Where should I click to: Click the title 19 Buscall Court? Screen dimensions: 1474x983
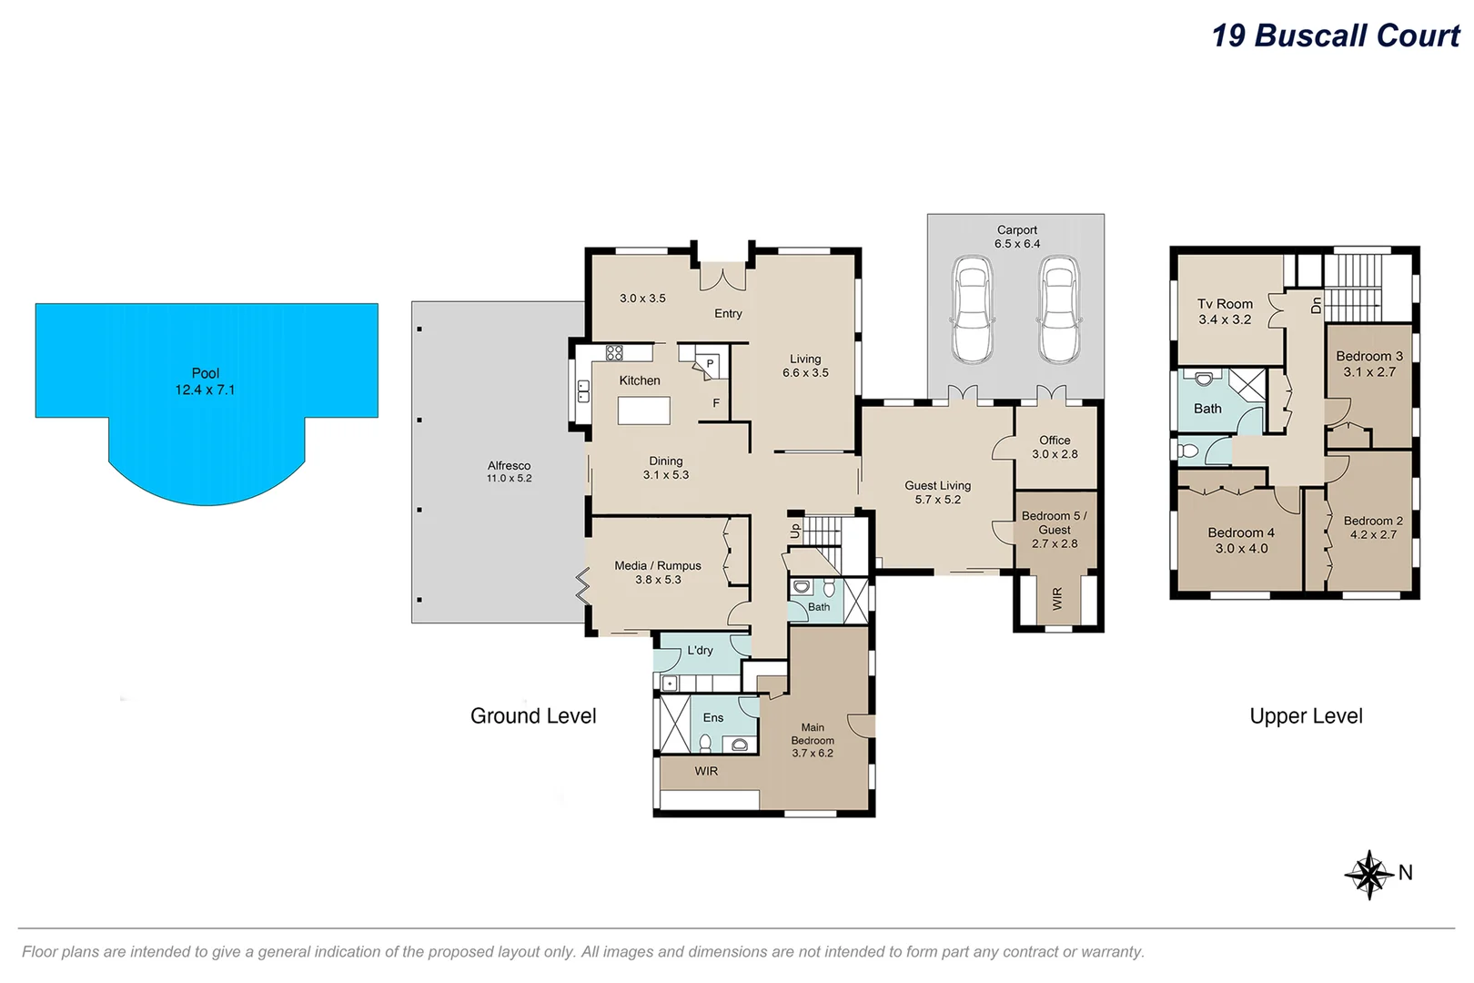click(1335, 35)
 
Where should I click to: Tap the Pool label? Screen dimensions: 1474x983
click(206, 373)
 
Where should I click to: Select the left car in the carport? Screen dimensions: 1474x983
click(972, 309)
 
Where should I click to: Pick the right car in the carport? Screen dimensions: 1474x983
click(1059, 309)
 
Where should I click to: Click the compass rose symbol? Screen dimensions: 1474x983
click(1369, 875)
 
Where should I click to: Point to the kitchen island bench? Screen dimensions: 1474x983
click(643, 410)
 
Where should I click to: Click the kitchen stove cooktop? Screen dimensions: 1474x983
click(614, 352)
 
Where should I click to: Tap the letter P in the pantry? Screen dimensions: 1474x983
click(710, 363)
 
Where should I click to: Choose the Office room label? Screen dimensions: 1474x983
click(1055, 440)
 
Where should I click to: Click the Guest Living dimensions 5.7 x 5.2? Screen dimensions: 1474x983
click(938, 500)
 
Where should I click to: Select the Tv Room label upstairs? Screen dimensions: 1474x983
click(1225, 304)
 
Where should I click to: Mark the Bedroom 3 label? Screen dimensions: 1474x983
click(1369, 356)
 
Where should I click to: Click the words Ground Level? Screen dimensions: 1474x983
click(533, 715)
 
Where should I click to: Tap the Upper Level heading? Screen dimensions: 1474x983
click(1306, 715)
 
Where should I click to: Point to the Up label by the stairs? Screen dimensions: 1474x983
click(795, 531)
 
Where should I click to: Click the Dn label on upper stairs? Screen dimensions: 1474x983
click(1316, 305)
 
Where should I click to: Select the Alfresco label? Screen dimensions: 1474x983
click(509, 465)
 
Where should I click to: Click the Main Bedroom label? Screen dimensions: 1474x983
click(813, 734)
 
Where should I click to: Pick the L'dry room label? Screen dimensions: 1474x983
click(700, 650)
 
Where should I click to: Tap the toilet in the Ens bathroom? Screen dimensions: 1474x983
click(705, 744)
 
